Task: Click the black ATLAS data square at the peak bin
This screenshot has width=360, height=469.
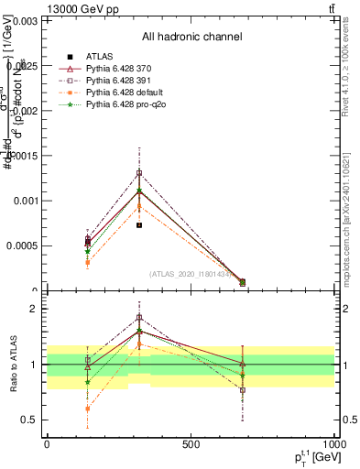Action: [x=139, y=225]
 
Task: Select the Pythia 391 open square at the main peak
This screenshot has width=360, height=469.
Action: [x=139, y=173]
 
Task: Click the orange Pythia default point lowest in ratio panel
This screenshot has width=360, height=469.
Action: [x=87, y=409]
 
